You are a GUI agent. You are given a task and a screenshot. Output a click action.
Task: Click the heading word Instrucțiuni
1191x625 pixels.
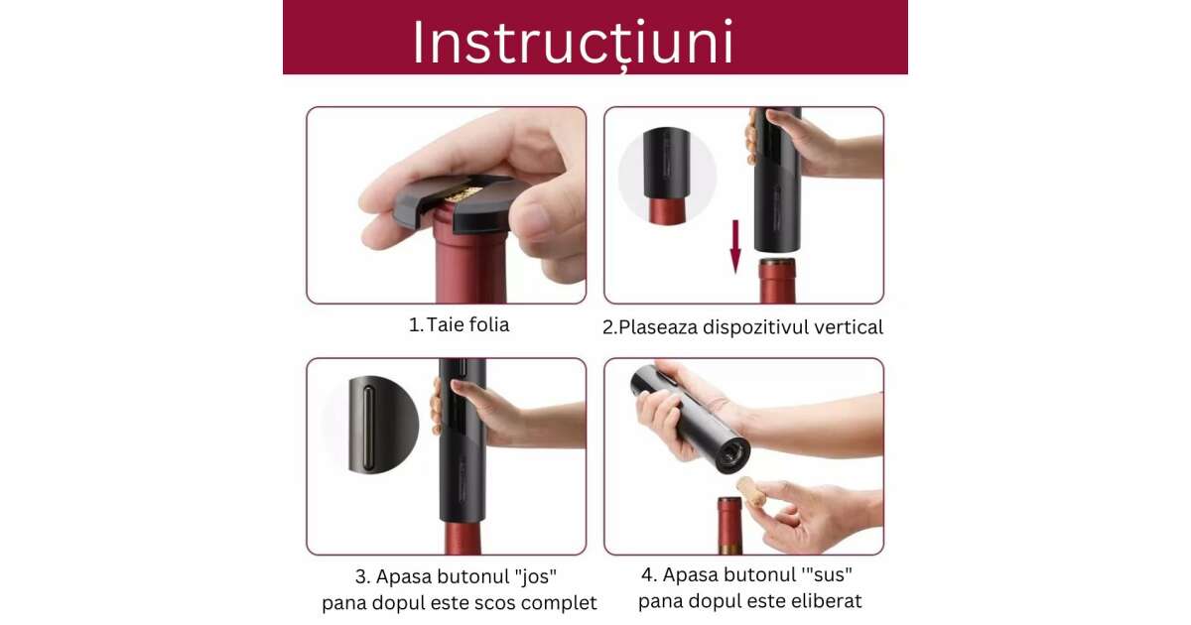tap(574, 42)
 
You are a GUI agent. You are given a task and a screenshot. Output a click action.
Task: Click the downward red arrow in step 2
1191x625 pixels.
tap(735, 246)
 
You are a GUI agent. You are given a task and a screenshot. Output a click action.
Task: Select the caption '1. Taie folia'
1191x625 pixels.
tap(459, 324)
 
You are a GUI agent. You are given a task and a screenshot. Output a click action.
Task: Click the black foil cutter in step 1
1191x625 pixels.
tap(459, 203)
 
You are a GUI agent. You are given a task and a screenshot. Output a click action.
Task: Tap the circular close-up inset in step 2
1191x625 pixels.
tap(667, 176)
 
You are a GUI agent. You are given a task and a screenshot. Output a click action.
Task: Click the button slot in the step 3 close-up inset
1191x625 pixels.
tap(368, 428)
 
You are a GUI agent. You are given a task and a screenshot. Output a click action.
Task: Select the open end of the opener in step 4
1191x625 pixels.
tap(732, 456)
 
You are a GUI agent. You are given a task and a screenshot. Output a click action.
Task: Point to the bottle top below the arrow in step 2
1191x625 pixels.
tap(777, 281)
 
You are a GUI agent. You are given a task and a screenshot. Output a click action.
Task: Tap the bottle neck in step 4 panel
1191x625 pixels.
tap(729, 526)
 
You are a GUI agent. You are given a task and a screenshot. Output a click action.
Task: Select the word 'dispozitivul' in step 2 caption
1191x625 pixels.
tap(741, 327)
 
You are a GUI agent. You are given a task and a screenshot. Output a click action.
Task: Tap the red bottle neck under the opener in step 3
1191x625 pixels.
tap(463, 538)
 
